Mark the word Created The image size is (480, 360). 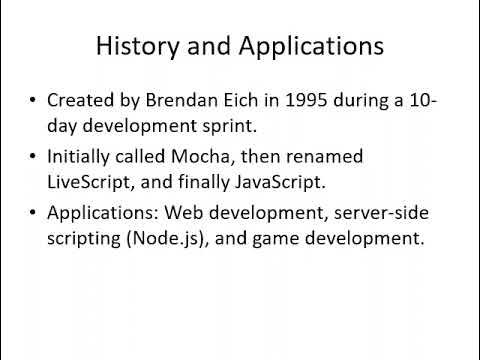click(x=83, y=101)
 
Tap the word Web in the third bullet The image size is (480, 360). click(x=185, y=214)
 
